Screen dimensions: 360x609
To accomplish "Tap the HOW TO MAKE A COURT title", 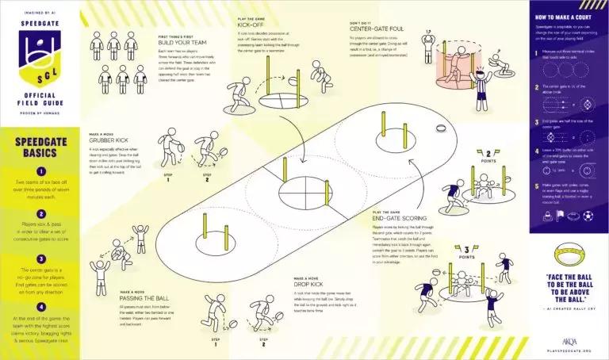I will [567, 17].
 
